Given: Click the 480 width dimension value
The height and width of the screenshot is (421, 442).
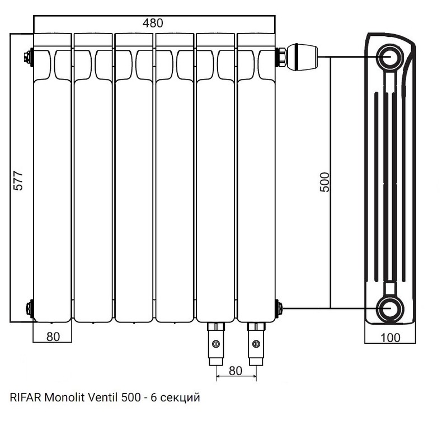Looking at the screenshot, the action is (153, 23).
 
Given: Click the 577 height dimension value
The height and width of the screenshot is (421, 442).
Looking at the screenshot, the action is (18, 180).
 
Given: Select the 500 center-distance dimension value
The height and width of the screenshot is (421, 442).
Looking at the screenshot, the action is (325, 182).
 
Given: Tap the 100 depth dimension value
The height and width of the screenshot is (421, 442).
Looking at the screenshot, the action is (390, 338).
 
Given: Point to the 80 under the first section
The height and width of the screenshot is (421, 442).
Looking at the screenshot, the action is (53, 336).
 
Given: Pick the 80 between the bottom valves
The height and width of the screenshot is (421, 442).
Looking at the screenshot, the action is (236, 371).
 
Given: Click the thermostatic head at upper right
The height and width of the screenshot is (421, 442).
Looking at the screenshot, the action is (302, 57).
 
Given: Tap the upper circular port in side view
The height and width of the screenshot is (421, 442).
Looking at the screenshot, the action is (391, 57).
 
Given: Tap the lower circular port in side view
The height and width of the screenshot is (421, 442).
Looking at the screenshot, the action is (391, 308).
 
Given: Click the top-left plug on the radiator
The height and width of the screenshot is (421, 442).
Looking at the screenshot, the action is (29, 57).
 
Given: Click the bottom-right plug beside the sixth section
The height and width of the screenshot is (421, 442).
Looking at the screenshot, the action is (279, 308).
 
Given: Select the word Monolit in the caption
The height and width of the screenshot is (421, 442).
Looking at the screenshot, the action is (65, 397).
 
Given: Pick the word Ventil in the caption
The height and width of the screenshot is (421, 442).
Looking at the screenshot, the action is (103, 397).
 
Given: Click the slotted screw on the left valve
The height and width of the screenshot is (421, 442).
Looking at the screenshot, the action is (216, 344).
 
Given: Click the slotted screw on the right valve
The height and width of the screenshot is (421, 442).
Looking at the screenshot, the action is (256, 344).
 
